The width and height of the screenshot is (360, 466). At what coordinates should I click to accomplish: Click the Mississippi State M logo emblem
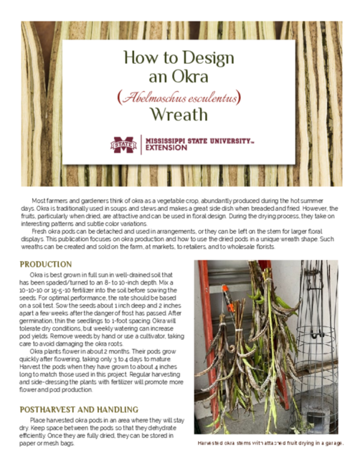point(123,145)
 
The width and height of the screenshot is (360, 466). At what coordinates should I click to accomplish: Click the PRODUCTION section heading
point(47,265)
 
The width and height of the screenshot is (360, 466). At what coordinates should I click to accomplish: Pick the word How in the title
point(138,57)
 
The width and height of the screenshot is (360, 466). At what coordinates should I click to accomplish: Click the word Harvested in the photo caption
point(213,444)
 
